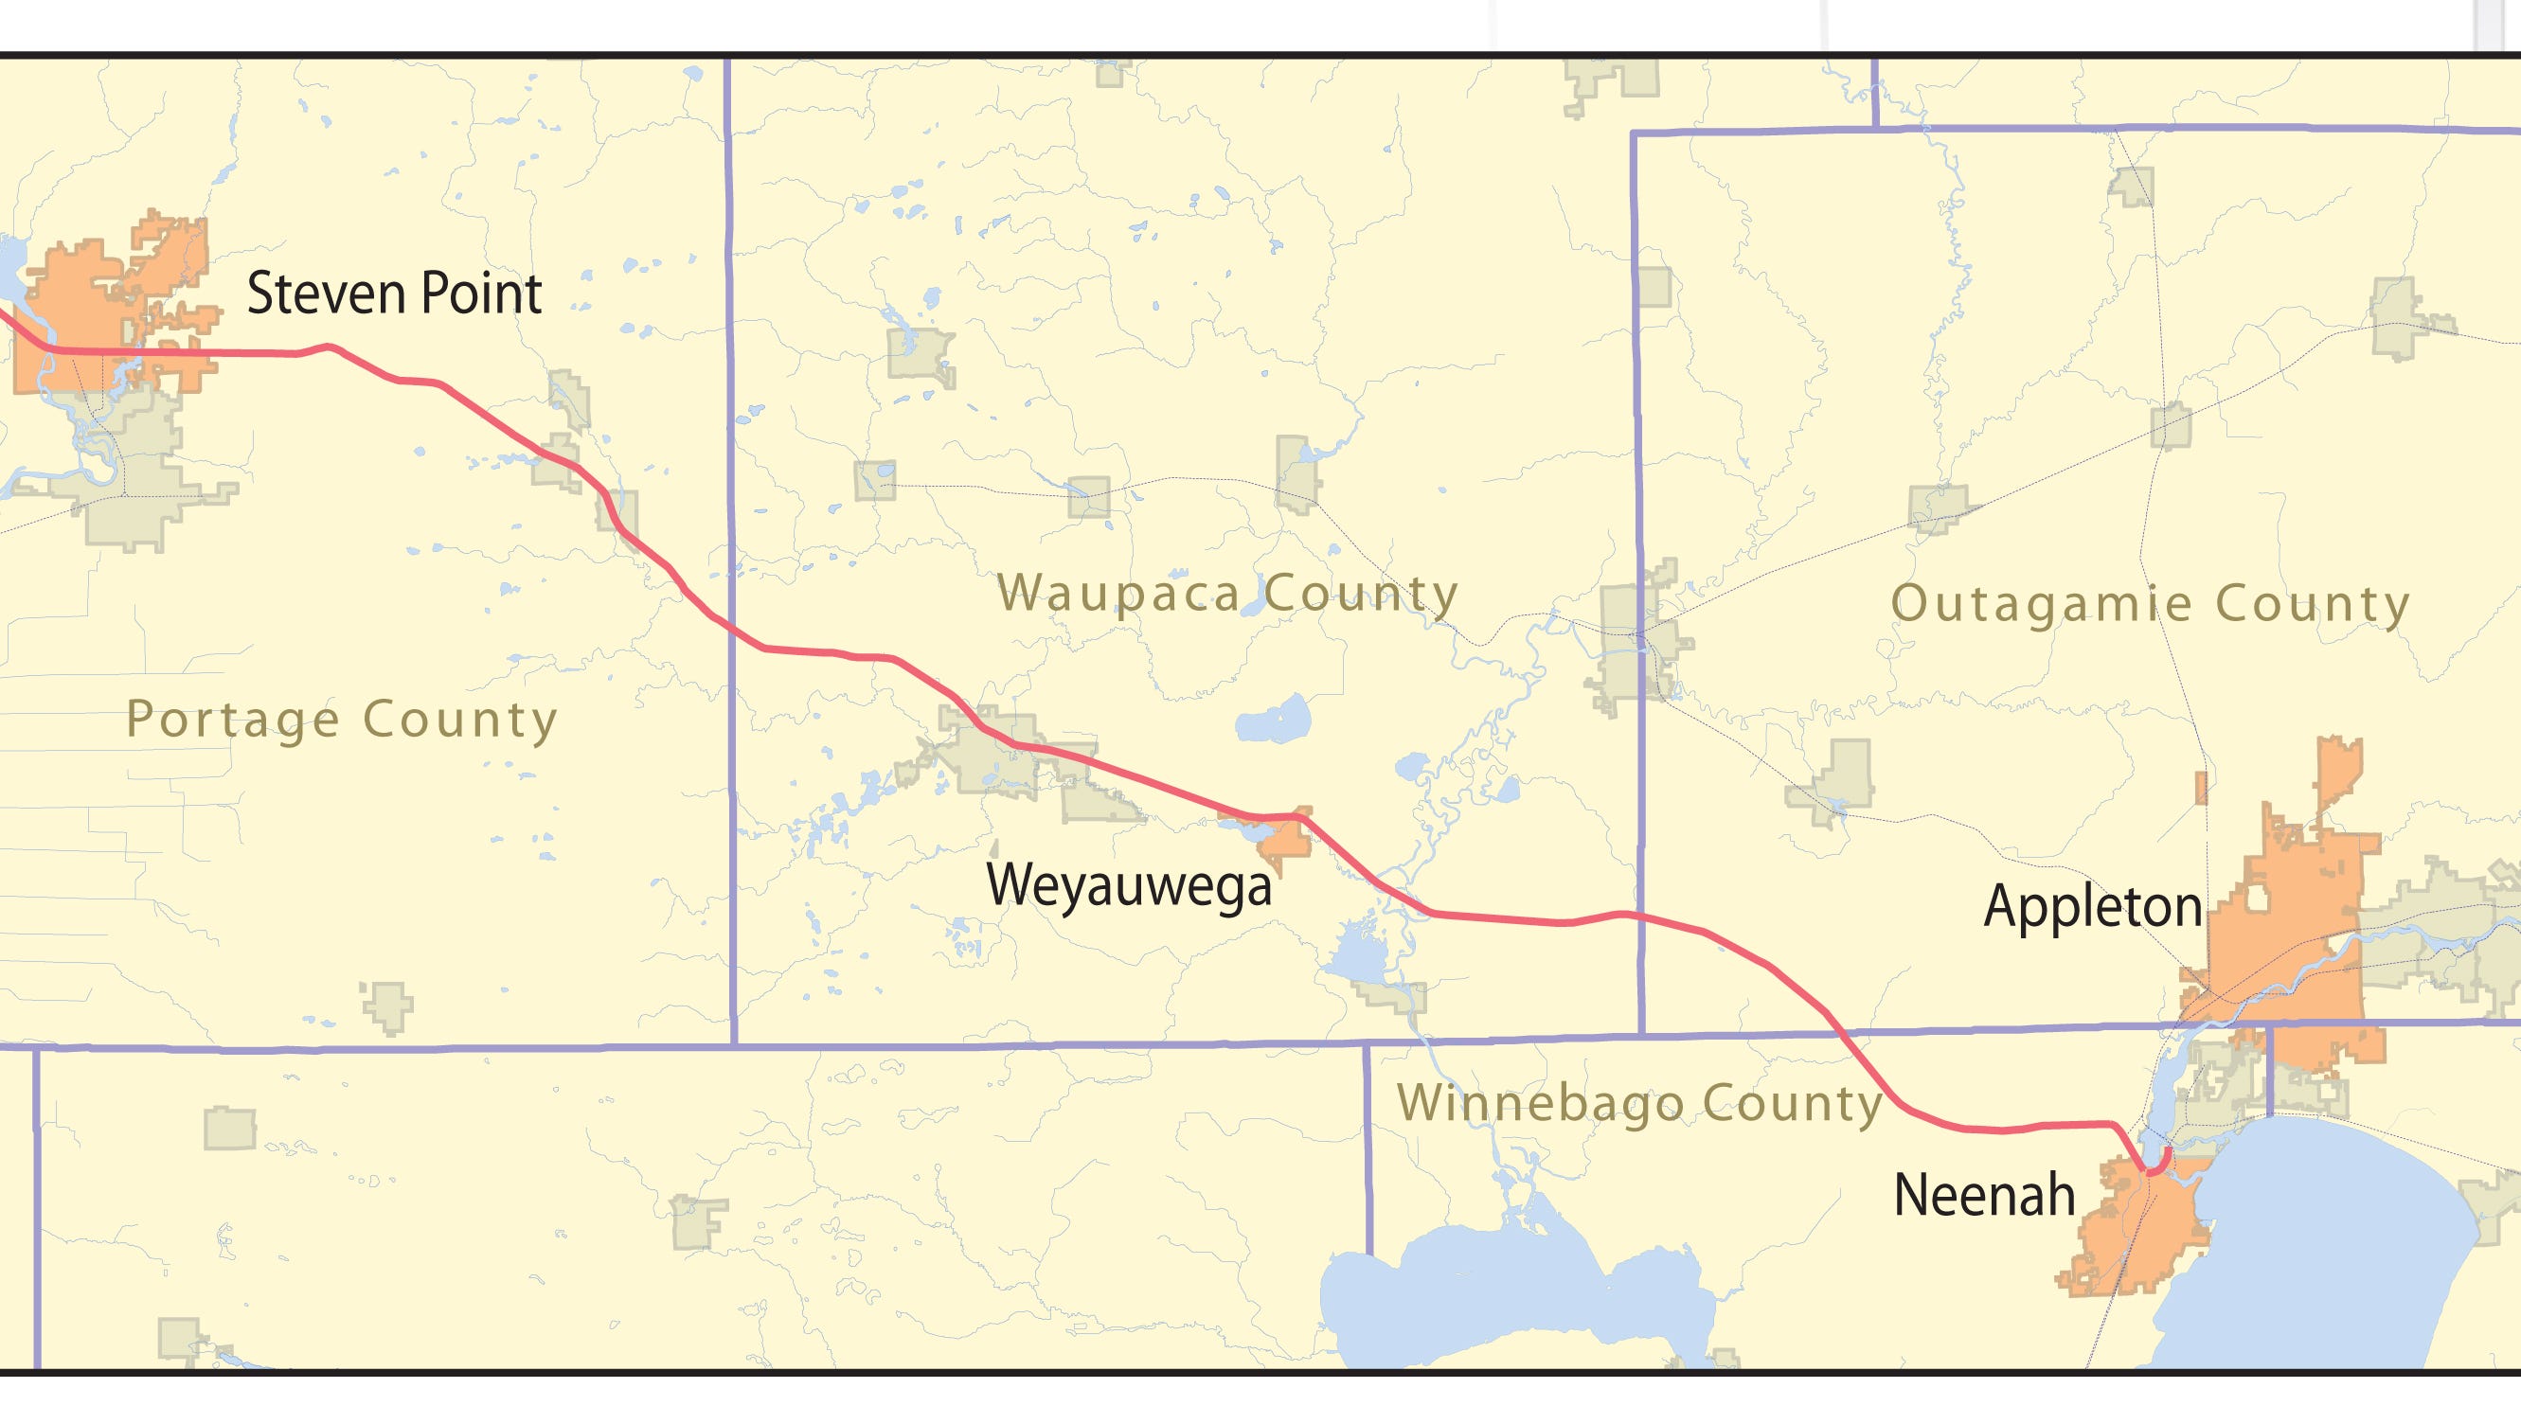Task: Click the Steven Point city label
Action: [x=393, y=294]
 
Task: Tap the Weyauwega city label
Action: [x=1127, y=885]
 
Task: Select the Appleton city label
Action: [x=2092, y=906]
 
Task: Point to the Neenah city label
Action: [x=1984, y=1195]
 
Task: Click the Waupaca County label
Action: [x=1227, y=593]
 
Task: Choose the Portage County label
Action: [x=342, y=721]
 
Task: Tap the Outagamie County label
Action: [x=2149, y=604]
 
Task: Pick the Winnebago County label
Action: [x=1639, y=1103]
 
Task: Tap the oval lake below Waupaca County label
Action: [x=1272, y=722]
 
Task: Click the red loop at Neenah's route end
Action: [x=2160, y=1163]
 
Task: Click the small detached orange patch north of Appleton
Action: [x=2201, y=788]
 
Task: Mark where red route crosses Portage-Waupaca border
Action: [x=731, y=630]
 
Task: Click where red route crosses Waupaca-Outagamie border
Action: [x=1640, y=917]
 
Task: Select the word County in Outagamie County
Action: [x=2312, y=604]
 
